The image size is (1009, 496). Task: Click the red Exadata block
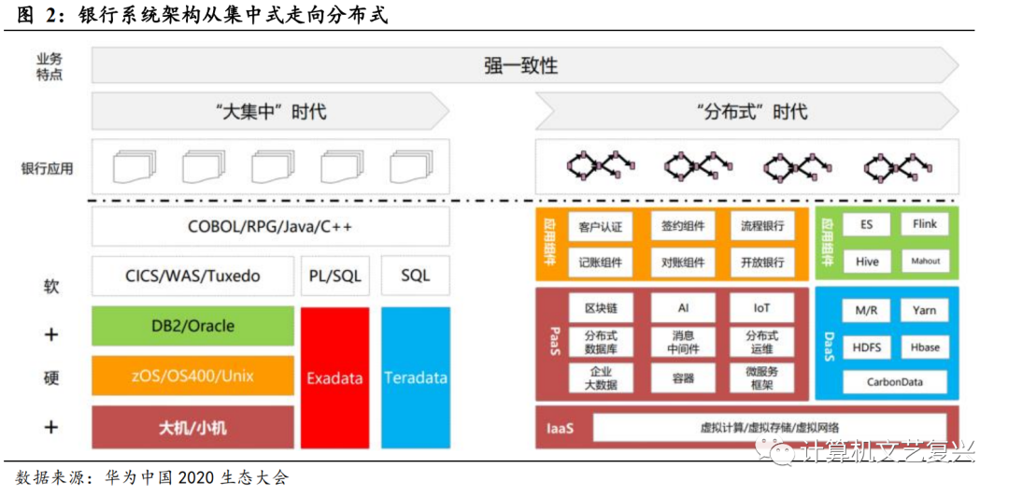(335, 378)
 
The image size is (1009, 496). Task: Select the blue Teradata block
(415, 378)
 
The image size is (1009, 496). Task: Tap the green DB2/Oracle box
(192, 326)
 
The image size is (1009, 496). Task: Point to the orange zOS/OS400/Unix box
(192, 376)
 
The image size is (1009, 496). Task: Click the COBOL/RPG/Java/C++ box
(270, 227)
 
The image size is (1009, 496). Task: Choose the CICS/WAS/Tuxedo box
(192, 276)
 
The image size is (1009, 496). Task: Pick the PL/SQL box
(335, 276)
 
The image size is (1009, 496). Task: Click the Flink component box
(924, 224)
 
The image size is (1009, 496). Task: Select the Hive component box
(867, 262)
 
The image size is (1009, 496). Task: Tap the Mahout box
(924, 262)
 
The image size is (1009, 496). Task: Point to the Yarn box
(924, 310)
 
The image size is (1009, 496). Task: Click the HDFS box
(867, 347)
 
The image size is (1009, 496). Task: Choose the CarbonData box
(894, 382)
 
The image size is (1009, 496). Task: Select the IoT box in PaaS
(762, 307)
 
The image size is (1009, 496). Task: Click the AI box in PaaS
(683, 307)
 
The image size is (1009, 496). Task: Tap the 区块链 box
(601, 307)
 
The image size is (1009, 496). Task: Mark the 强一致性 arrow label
(520, 65)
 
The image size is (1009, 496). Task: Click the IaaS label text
(560, 430)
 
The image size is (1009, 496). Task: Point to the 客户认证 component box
(601, 226)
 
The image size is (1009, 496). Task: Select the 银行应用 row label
(47, 169)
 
